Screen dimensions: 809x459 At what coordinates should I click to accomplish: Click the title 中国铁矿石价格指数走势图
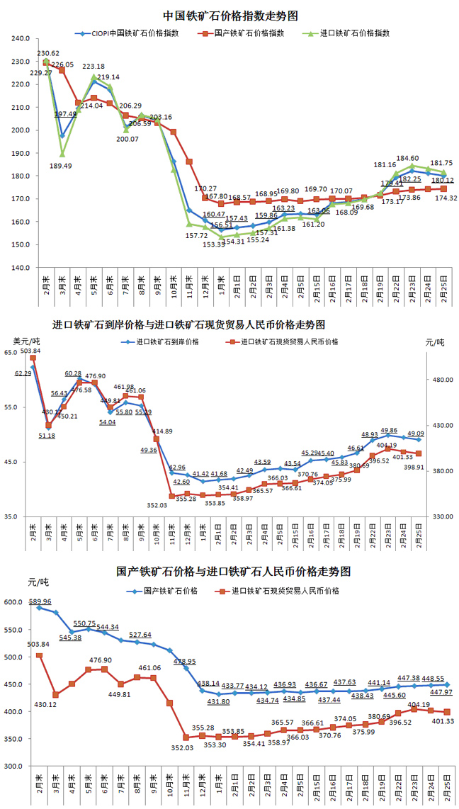click(229, 15)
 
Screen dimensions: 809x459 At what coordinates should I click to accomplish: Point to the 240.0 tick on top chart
click(19, 39)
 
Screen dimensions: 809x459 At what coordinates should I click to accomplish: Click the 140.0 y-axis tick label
click(19, 268)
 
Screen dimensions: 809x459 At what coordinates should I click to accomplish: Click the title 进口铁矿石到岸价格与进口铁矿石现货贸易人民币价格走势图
click(189, 324)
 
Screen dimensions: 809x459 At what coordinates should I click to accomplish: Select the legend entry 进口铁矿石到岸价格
click(170, 341)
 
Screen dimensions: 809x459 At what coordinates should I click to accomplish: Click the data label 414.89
click(162, 431)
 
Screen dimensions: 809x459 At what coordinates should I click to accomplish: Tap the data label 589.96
click(41, 601)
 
